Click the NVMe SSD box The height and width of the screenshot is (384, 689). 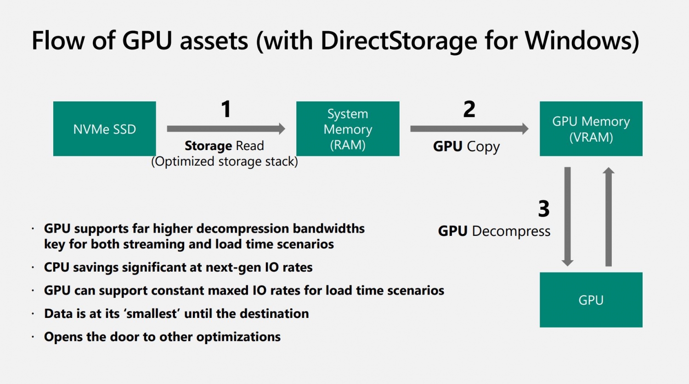[x=105, y=129]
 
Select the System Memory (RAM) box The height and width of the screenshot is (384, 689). [x=348, y=129]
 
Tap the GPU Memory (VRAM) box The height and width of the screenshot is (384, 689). [x=591, y=129]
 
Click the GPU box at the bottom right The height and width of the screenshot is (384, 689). [x=591, y=300]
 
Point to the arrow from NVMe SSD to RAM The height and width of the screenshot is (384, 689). [x=226, y=129]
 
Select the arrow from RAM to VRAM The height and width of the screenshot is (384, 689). [x=469, y=129]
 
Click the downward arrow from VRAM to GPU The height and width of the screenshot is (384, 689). [x=567, y=217]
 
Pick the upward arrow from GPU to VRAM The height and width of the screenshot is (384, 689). [x=609, y=217]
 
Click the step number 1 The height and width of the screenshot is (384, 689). [x=226, y=109]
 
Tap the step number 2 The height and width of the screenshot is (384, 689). [x=469, y=109]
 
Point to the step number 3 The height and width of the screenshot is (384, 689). [x=544, y=209]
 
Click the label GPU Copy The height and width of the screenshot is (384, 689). [x=466, y=146]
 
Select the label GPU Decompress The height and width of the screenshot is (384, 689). [x=494, y=231]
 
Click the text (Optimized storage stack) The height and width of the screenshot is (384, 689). [x=225, y=161]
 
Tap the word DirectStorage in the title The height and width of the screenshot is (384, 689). [x=399, y=40]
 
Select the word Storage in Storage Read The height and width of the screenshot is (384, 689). [x=208, y=146]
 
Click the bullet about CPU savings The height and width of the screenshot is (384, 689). [x=178, y=267]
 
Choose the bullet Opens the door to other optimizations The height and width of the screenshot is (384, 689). [x=163, y=337]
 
